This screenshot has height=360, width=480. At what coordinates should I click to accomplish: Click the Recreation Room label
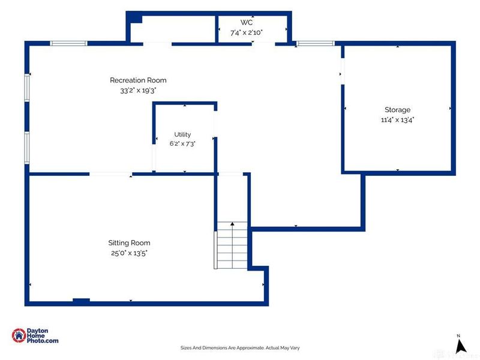pos(138,80)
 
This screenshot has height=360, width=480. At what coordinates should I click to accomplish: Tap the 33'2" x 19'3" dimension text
pos(138,91)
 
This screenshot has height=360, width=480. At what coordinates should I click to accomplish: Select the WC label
pos(247,22)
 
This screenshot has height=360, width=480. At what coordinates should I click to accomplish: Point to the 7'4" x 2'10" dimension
pos(247,32)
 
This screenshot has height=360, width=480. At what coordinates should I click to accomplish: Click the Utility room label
pos(182,134)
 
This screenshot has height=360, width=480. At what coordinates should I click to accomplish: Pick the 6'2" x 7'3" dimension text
pos(182,143)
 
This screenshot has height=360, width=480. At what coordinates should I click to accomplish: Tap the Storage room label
pos(397,110)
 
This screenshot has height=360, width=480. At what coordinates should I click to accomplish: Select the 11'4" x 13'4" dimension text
pos(397,119)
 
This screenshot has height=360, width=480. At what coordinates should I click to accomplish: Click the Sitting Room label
pos(129,243)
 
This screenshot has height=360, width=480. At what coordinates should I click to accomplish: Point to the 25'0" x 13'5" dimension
pos(129,253)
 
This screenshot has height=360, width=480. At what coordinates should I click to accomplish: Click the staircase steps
pos(232,245)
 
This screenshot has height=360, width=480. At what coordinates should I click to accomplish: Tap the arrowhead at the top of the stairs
pos(232,224)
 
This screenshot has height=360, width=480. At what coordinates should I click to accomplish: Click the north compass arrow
pos(460,346)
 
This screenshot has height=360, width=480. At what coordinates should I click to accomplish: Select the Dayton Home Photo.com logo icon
pos(19,335)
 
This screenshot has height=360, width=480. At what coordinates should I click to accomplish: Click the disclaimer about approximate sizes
pos(240,348)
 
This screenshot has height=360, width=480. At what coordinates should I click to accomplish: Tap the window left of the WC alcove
pos(68,43)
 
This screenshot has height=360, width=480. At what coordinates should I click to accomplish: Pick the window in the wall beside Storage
pos(316,43)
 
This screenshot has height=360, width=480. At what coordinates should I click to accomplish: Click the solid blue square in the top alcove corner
pos(134,17)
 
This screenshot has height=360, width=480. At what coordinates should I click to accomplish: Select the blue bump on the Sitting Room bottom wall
pos(81,301)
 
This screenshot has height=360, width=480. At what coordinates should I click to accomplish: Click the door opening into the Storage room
pos(343,71)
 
